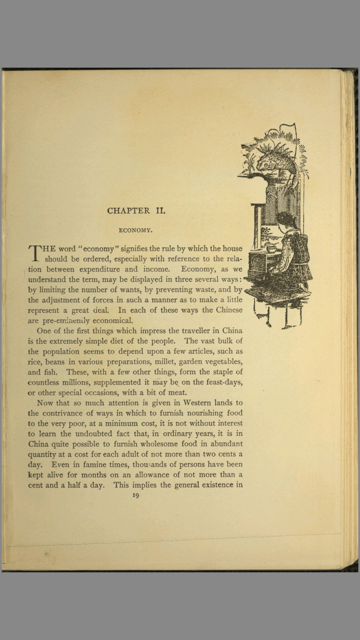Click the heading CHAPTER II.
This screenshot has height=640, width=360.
pos(136,211)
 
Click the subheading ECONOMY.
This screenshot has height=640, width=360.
pos(136,230)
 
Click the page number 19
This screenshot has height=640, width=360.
pos(136,495)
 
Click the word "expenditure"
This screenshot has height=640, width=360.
pos(99,269)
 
